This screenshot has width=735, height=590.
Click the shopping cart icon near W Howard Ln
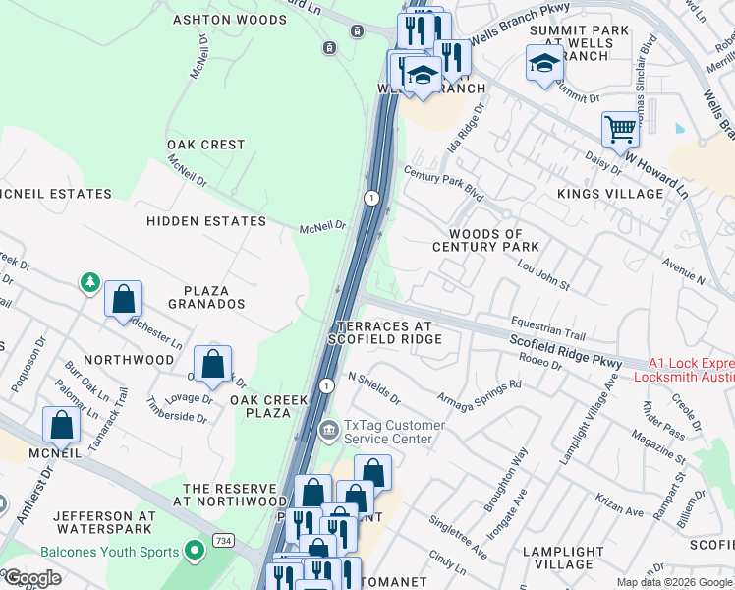point(620,129)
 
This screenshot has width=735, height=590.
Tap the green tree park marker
point(90,283)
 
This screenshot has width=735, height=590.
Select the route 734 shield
point(224,542)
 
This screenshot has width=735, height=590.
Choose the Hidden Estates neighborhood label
point(206,221)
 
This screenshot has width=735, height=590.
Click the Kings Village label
point(610,194)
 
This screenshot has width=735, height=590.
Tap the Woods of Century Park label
point(486,240)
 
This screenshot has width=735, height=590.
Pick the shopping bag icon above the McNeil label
point(61,425)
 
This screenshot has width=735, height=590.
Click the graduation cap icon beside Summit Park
point(543,64)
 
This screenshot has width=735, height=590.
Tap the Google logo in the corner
point(32,578)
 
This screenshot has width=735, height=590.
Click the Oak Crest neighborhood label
point(206,145)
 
